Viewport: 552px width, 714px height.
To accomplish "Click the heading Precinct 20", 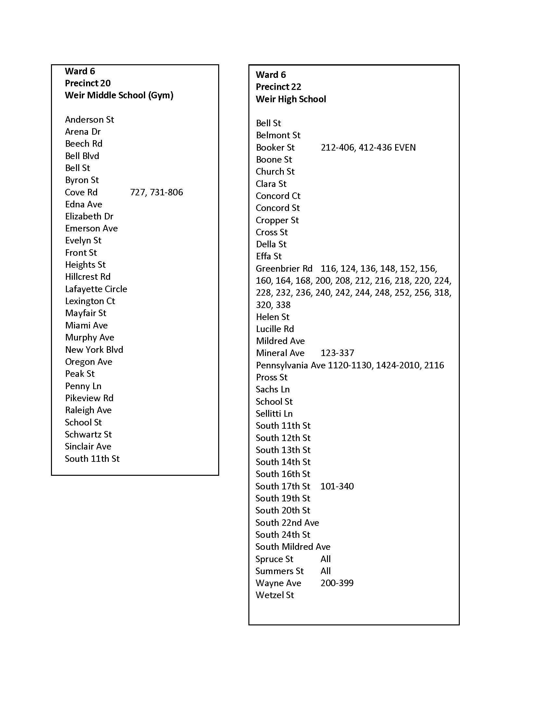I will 88,83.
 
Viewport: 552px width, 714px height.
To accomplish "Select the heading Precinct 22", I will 278,87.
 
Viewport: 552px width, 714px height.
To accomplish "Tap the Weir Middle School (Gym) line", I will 119,95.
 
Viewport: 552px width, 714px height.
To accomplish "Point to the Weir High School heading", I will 291,99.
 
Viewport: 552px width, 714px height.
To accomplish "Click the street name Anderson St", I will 89,120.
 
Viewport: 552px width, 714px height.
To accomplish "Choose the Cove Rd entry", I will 81,192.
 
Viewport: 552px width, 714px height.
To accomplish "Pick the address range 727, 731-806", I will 156,192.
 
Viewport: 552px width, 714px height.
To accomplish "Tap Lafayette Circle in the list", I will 96,289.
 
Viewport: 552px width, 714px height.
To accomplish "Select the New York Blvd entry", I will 94,350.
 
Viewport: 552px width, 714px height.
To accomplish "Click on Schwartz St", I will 88,435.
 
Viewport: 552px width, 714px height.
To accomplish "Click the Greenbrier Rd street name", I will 284,269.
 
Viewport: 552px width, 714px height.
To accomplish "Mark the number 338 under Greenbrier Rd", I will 283,305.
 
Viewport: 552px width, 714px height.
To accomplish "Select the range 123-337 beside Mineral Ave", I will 337,353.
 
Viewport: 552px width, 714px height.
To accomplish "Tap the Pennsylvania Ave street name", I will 290,365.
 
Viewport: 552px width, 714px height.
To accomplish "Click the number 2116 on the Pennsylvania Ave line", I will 434,365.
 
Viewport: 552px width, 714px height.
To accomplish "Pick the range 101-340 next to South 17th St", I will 337,486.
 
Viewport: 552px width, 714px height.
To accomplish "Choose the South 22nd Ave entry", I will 287,523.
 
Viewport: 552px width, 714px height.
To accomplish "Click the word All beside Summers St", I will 325,571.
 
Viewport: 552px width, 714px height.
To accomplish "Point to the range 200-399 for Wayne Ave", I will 337,583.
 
